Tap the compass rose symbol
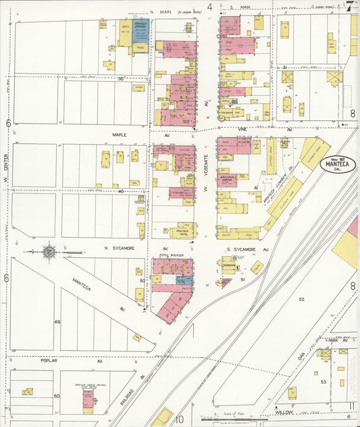[49, 252]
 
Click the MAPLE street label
[120, 135]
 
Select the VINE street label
[243, 128]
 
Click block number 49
[57, 322]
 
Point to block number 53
[324, 382]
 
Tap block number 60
[57, 396]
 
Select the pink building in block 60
[88, 400]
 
